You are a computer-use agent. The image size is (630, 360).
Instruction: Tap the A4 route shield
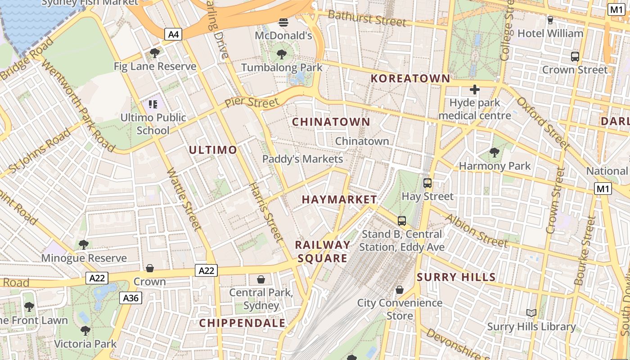pyautogui.click(x=173, y=34)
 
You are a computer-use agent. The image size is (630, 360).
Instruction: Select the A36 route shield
pyautogui.click(x=131, y=297)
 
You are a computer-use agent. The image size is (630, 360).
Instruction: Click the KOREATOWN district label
pyautogui.click(x=410, y=78)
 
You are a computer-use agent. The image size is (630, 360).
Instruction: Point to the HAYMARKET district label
pyautogui.click(x=339, y=199)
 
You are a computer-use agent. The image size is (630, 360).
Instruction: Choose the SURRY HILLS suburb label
pyautogui.click(x=456, y=277)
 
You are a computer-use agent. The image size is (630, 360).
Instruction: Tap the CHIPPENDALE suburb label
pyautogui.click(x=242, y=323)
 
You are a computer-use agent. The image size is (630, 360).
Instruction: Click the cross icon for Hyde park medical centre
pyautogui.click(x=474, y=90)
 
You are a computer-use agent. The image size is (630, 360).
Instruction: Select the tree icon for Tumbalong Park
pyautogui.click(x=282, y=54)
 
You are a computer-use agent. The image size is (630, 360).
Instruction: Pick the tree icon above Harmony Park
pyautogui.click(x=495, y=152)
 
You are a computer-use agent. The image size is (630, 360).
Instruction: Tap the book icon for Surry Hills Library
pyautogui.click(x=531, y=313)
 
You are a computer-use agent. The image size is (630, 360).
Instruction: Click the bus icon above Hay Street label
pyautogui.click(x=427, y=183)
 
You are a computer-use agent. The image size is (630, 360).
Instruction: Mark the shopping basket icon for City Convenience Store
pyautogui.click(x=399, y=289)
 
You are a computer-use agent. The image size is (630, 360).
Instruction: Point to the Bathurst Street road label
pyautogui.click(x=367, y=18)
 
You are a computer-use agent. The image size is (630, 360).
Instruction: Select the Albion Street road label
pyautogui.click(x=476, y=230)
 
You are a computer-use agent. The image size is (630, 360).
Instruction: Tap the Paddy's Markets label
pyautogui.click(x=302, y=159)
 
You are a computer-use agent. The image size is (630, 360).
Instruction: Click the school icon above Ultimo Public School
pyautogui.click(x=153, y=104)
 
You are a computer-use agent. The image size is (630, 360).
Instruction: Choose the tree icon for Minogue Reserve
pyautogui.click(x=84, y=245)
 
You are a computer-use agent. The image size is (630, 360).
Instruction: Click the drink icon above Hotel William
pyautogui.click(x=550, y=20)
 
